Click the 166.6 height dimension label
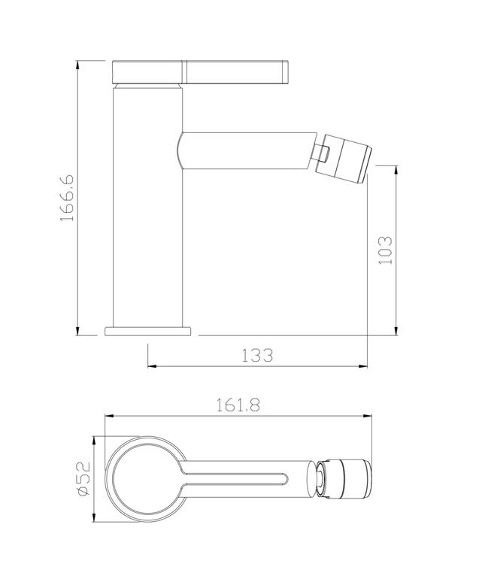[67, 197]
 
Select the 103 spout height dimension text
[384, 249]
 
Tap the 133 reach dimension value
[257, 355]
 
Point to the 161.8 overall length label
[238, 405]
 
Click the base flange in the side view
[149, 330]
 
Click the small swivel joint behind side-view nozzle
[322, 153]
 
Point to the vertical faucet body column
[147, 226]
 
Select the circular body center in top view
[146, 478]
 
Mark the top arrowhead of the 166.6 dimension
[79, 64]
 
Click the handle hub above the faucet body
[147, 71]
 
